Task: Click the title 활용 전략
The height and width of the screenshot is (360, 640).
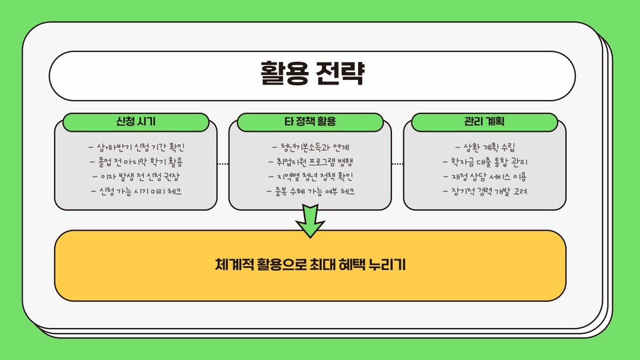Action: [x=312, y=73]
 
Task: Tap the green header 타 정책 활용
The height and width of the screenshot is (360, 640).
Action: [x=310, y=122]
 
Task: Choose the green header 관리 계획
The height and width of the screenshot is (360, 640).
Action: [x=485, y=122]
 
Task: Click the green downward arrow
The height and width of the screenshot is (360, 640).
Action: [x=310, y=221]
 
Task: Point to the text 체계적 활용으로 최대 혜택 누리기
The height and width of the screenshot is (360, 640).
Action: [x=310, y=265]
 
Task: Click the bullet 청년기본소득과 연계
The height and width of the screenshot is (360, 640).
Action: [x=311, y=147]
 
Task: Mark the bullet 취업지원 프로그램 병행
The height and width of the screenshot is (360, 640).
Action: [x=311, y=161]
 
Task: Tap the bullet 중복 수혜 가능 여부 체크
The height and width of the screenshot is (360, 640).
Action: [x=311, y=191]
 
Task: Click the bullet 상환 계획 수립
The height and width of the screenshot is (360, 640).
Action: [x=485, y=147]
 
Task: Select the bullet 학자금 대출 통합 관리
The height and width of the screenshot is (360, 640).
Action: [x=485, y=161]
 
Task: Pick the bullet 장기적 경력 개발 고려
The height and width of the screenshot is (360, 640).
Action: [x=485, y=191]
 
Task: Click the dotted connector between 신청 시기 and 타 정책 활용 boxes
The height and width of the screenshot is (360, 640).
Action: [x=223, y=163]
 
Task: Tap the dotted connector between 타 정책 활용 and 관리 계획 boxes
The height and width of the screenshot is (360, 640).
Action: [x=397, y=163]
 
